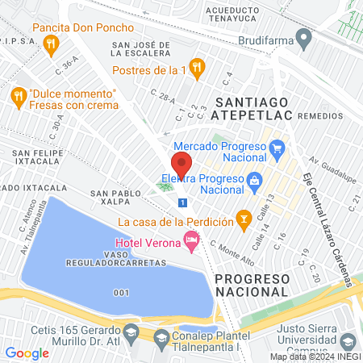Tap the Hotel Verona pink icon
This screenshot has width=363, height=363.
pos(191,239)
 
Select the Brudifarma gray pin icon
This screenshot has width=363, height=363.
pos(304,37)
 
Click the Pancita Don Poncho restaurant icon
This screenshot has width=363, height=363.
pos(52,45)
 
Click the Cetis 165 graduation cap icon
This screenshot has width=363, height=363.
pos(130,331)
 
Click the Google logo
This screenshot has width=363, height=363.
pos(27,353)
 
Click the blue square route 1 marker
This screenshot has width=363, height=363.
pos(184,202)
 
